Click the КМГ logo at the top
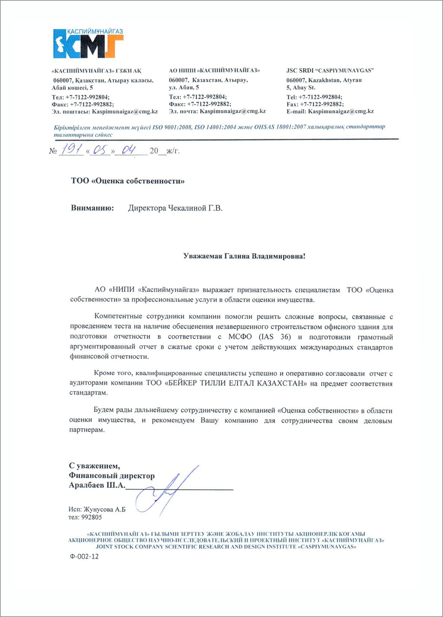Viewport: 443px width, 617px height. [88, 44]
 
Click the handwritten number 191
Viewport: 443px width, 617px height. [72, 150]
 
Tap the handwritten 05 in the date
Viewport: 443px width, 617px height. [100, 150]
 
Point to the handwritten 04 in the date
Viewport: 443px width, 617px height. [129, 150]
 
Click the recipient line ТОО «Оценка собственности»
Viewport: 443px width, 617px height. [128, 181]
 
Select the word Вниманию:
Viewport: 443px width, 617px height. [92, 208]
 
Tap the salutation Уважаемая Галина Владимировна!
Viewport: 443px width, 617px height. [244, 256]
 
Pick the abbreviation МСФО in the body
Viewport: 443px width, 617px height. [240, 337]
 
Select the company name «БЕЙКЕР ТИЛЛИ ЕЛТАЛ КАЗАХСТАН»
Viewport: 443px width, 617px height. [235, 383]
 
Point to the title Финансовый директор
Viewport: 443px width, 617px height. [111, 475]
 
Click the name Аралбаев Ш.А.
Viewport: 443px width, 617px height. [97, 485]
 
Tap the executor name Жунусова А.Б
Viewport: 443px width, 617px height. [104, 509]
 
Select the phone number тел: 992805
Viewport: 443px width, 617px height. [85, 517]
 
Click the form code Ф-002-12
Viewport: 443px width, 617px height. [84, 556]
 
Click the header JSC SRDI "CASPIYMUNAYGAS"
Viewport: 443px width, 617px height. [330, 70]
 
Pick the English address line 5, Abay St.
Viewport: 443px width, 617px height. [301, 88]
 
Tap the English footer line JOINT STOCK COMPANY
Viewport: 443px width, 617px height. [226, 547]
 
